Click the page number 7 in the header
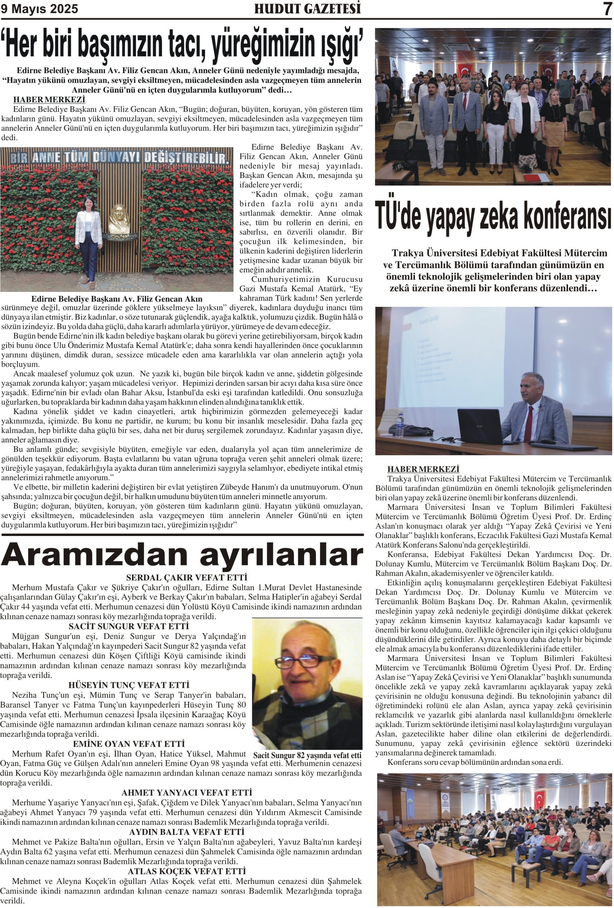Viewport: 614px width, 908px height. tap(606, 9)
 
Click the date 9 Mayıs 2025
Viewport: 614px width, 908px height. tap(39, 9)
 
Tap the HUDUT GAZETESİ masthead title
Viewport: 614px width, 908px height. tap(307, 9)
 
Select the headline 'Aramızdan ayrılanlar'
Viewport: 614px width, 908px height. tap(182, 555)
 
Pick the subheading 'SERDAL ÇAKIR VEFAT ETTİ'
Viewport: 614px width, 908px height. tap(187, 577)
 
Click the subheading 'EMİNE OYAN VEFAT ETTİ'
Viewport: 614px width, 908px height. tap(129, 744)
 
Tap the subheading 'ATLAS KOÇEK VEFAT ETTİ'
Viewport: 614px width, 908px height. tap(187, 872)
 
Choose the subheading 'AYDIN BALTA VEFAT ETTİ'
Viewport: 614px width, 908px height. tap(187, 832)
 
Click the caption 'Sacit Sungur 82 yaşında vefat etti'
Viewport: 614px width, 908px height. tap(307, 755)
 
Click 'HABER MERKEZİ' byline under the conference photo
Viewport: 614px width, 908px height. tap(423, 469)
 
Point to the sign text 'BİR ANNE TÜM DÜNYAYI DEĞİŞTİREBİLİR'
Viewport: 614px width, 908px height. tap(118, 157)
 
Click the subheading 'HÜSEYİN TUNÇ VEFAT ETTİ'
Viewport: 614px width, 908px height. tap(129, 685)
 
